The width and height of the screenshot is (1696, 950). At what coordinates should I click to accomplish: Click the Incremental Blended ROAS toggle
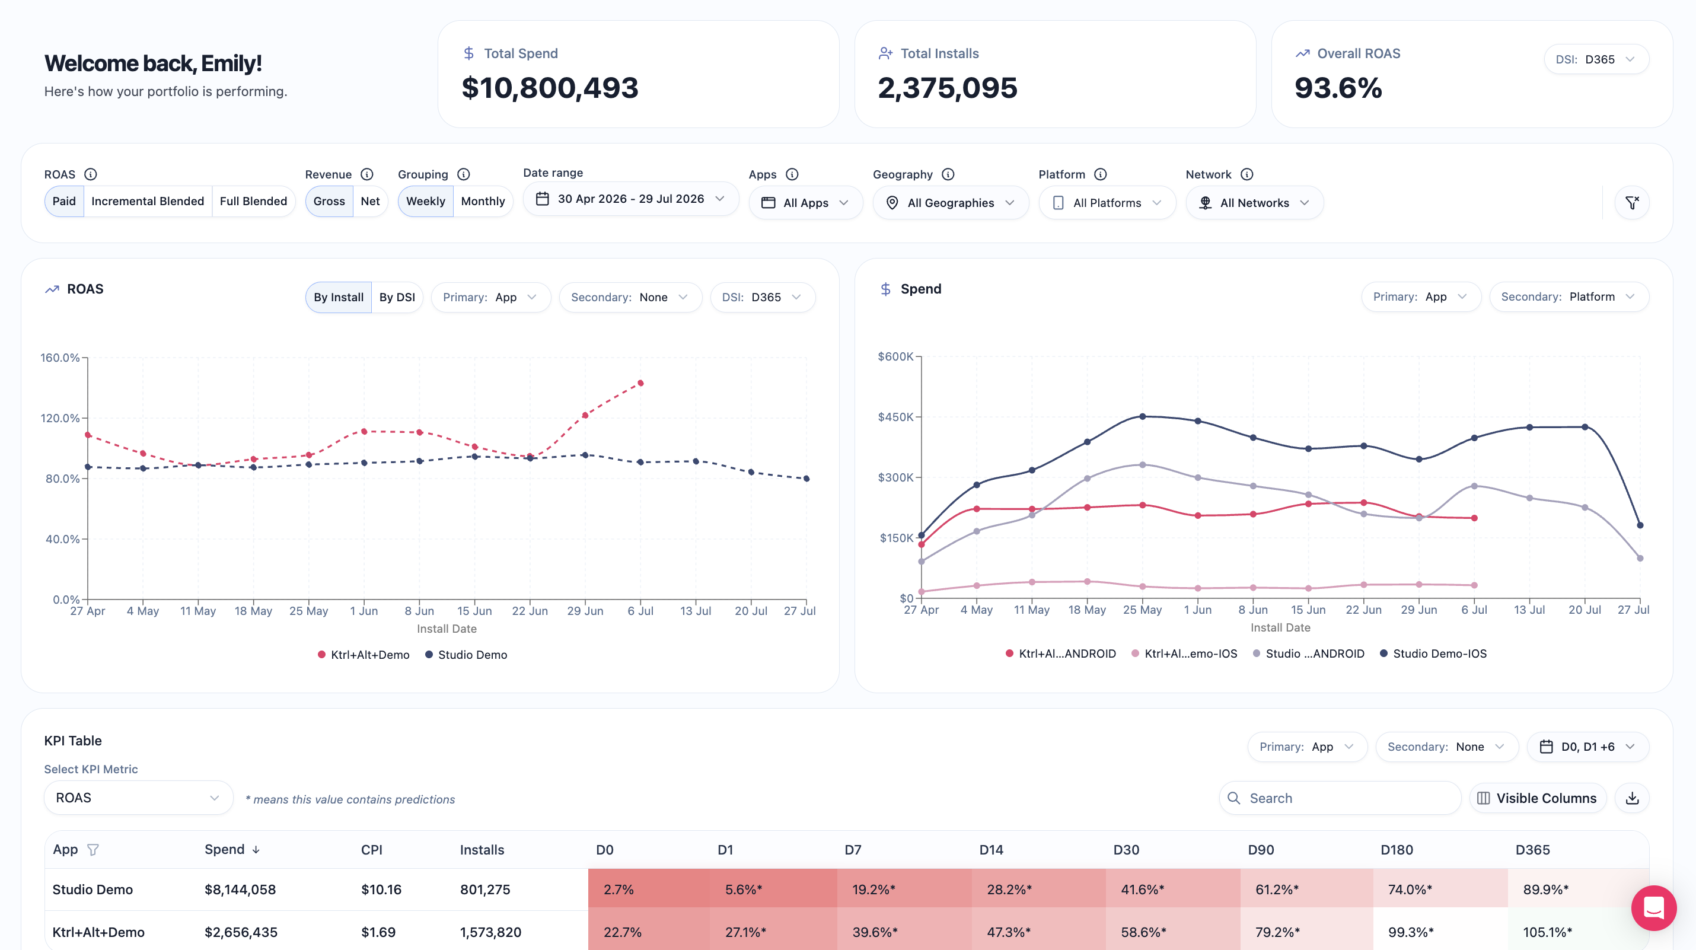[x=148, y=202]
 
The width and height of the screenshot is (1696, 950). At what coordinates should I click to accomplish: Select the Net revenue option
[x=370, y=202]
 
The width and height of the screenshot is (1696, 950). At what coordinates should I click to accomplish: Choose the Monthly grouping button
[x=483, y=202]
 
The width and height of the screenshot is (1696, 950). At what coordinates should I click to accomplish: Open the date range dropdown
[x=631, y=199]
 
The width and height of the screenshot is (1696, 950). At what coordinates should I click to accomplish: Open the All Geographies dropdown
[x=951, y=203]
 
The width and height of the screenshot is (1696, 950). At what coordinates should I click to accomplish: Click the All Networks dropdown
[x=1254, y=203]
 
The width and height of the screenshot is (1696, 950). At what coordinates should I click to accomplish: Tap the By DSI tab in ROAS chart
[x=397, y=298]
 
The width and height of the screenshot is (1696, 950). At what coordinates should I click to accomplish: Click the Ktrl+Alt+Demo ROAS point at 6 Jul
[x=640, y=383]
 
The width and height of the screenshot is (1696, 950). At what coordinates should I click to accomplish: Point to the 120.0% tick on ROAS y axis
[x=60, y=418]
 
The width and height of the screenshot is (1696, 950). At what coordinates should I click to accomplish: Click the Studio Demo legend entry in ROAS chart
[x=466, y=655]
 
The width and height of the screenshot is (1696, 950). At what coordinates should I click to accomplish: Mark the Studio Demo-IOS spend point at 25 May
[x=1142, y=417]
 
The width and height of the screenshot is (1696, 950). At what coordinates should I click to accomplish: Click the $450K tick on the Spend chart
[x=895, y=417]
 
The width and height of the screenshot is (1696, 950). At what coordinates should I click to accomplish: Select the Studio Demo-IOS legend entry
[x=1433, y=653]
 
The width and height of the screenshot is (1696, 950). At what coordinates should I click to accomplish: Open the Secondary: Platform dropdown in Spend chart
[x=1569, y=297]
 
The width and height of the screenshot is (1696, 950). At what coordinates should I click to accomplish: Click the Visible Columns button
[x=1538, y=798]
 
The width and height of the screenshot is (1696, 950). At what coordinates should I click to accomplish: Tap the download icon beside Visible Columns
[x=1632, y=798]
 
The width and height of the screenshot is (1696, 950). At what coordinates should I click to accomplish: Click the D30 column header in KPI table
[x=1126, y=850]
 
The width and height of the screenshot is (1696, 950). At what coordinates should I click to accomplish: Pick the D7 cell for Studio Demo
[x=873, y=890]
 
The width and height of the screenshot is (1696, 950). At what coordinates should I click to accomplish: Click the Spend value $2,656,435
[x=241, y=932]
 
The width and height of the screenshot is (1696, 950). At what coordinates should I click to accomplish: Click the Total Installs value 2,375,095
[x=948, y=88]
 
